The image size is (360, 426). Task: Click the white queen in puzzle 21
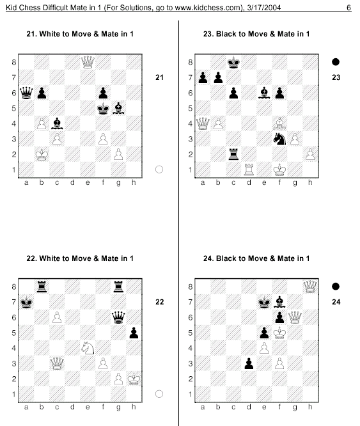pos(88,62)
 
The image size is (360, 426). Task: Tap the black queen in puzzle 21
pos(26,93)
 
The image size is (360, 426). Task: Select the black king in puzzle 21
pos(103,108)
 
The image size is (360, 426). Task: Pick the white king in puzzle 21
pos(42,154)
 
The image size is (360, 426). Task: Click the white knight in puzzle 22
pos(88,348)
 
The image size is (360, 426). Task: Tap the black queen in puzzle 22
pos(118,317)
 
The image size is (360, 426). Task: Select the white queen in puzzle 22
pos(57,363)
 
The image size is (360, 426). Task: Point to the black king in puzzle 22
pos(26,302)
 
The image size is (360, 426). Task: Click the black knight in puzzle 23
pos(279,139)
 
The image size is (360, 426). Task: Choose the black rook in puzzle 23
pos(233,154)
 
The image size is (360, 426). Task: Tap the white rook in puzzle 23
pos(249,170)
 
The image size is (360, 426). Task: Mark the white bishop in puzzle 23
pos(279,123)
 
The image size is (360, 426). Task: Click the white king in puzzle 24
pos(279,333)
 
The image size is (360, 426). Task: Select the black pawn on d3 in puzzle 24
pos(249,364)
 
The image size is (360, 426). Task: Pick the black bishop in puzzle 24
pos(279,302)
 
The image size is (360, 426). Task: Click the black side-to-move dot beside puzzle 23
pos(336,62)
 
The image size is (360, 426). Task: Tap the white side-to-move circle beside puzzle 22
pos(159,394)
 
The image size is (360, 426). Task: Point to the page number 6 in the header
pos(348,8)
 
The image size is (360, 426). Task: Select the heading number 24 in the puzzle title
pos(208,258)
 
